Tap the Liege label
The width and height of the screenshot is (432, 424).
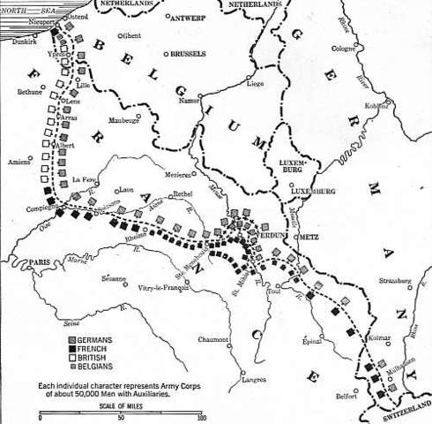(255, 84)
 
